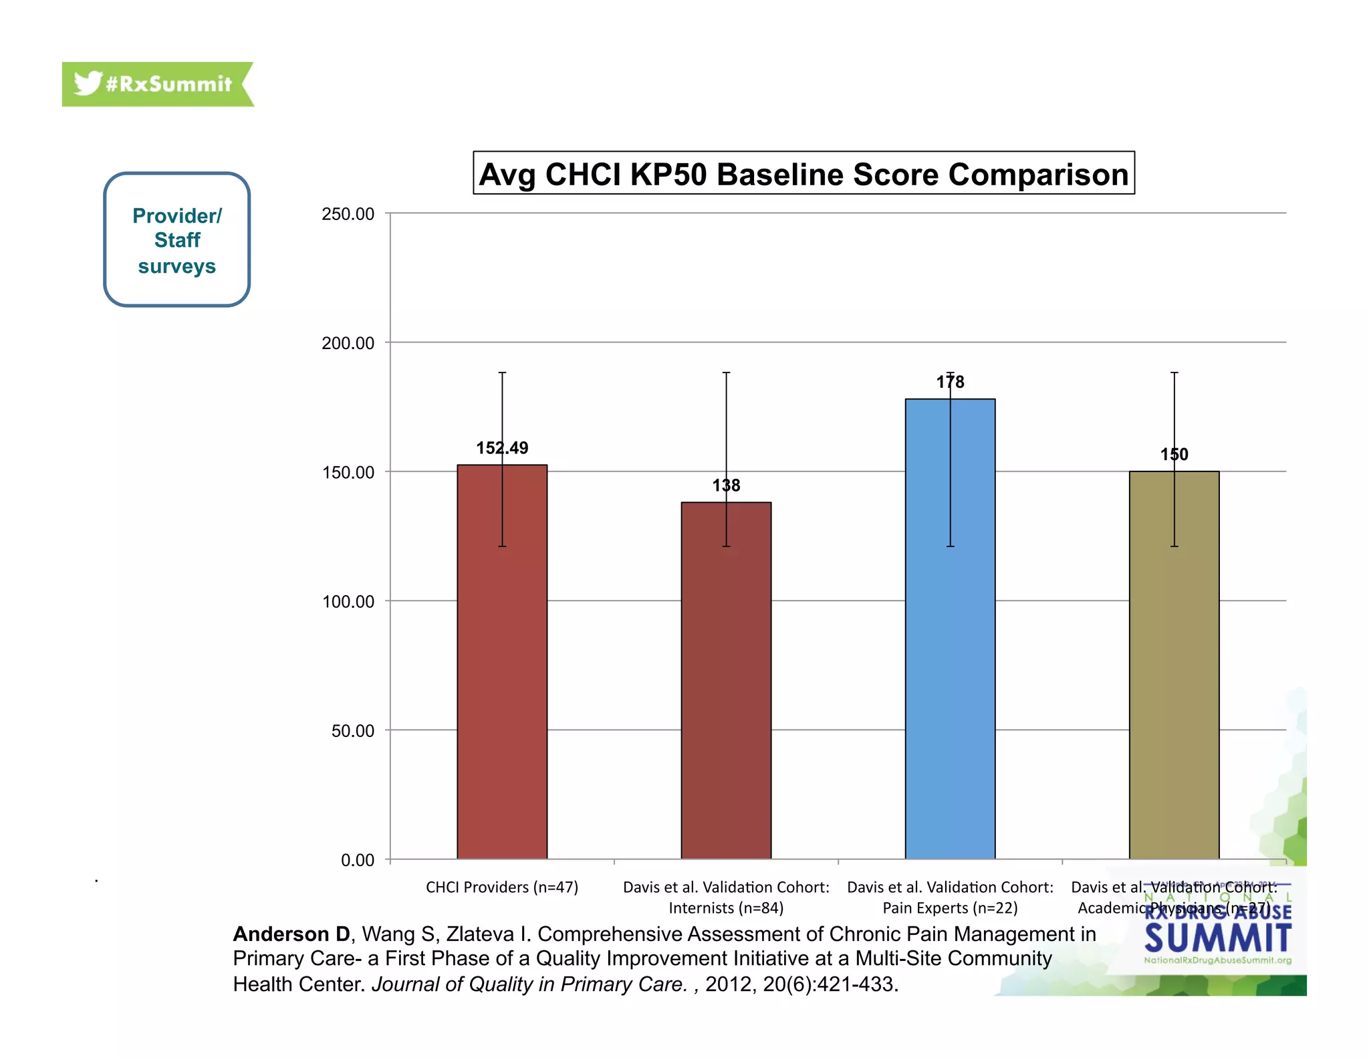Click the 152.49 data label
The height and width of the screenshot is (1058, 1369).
pos(502,448)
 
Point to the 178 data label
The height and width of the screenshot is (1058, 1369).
pos(950,382)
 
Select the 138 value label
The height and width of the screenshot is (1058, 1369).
pos(726,486)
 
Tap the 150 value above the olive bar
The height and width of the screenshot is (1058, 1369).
pos(1174,455)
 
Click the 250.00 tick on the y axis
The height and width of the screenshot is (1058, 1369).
pos(348,214)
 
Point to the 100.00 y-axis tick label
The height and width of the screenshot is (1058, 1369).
pos(348,602)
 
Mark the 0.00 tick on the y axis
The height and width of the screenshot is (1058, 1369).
pos(357,860)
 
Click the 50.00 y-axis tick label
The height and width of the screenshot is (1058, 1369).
pos(352,731)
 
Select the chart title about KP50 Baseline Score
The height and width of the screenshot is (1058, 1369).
pos(803,174)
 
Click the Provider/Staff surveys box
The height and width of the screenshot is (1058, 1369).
pos(177,240)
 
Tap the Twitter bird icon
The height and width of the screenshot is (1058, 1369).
pos(88,84)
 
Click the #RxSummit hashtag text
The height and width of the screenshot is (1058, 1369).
pos(168,84)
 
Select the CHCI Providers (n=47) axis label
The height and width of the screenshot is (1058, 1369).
pos(502,887)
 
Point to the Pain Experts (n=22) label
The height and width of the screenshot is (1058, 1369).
pos(950,908)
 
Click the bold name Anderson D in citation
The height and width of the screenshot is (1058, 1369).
pos(291,934)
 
